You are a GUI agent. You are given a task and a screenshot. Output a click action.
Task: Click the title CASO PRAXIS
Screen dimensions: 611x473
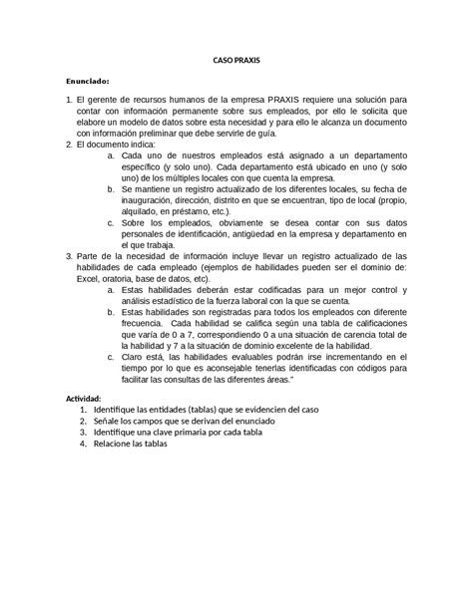coord(236,61)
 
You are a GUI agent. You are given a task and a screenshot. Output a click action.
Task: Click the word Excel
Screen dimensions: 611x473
coord(91,278)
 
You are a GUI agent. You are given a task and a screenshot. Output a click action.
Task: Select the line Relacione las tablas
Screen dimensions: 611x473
coord(131,444)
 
